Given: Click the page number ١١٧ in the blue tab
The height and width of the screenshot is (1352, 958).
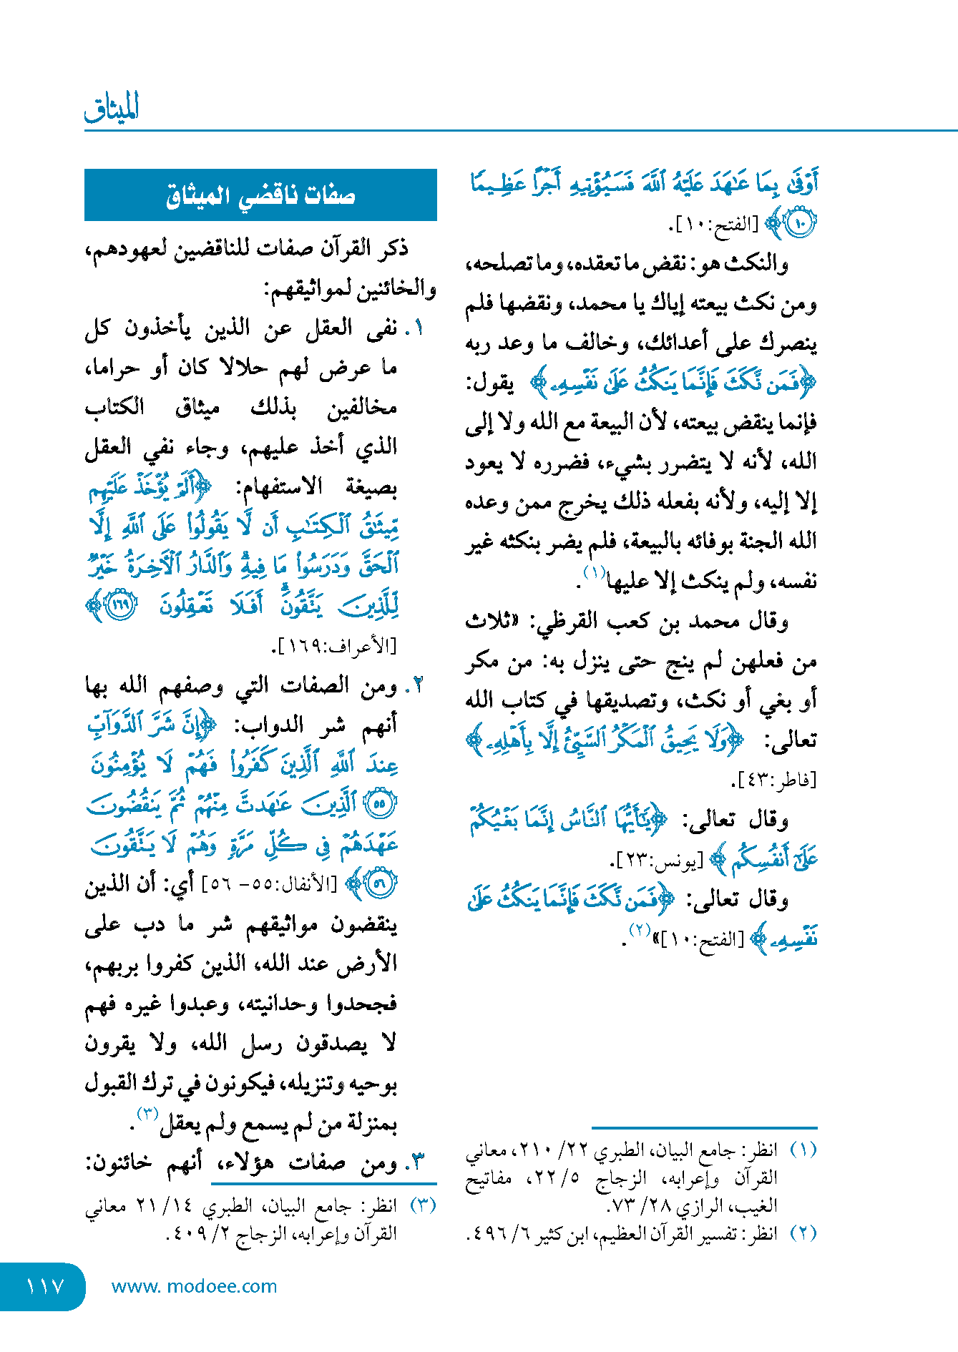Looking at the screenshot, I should click(45, 1286).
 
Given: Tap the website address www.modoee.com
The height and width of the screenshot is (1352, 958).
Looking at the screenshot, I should click(194, 1286).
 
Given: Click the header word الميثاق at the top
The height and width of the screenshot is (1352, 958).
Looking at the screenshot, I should click(112, 107).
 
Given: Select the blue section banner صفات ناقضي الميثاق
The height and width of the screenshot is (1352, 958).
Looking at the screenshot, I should click(260, 195).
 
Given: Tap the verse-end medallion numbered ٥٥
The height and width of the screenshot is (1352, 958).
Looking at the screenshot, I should click(379, 804).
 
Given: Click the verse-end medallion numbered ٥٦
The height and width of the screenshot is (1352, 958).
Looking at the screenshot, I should click(379, 884).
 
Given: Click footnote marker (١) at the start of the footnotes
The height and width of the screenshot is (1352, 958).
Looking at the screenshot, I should click(803, 1150).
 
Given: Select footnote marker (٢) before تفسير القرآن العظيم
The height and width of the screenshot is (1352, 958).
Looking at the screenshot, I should click(803, 1233).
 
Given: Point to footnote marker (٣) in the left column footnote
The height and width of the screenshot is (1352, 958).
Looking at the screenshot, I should click(423, 1205).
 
